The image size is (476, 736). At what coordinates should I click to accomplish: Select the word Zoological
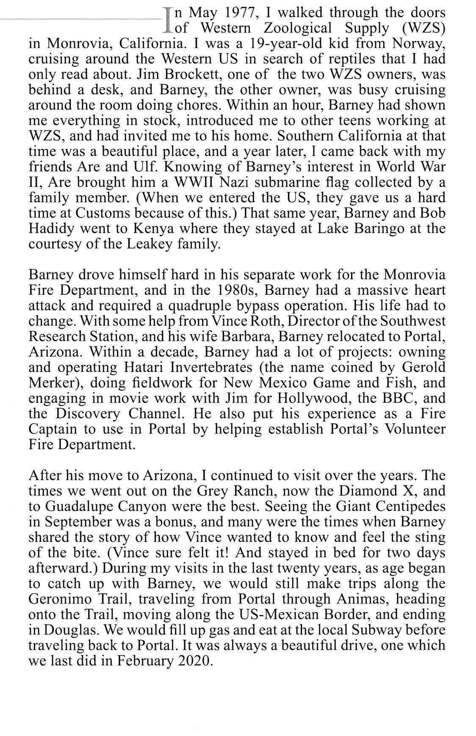tap(298, 28)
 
